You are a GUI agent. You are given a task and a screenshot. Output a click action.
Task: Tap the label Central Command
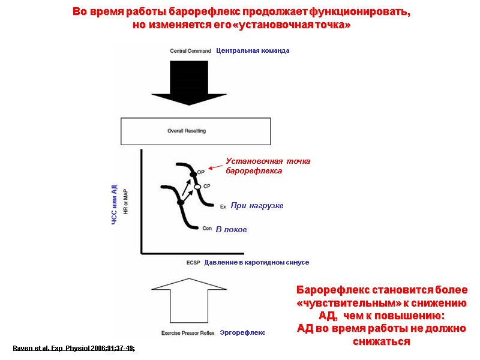click(x=191, y=51)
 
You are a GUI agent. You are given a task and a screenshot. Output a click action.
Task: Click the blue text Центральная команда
click(x=253, y=51)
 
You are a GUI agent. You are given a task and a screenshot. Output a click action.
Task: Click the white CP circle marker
click(x=197, y=187)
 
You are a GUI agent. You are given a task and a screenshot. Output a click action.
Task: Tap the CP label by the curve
click(x=206, y=186)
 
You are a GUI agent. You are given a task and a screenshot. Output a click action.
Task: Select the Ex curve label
click(x=223, y=206)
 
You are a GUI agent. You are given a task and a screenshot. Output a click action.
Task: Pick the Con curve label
click(x=207, y=229)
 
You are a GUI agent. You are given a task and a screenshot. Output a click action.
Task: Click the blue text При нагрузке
click(x=257, y=206)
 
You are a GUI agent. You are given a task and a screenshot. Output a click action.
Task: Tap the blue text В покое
click(x=231, y=230)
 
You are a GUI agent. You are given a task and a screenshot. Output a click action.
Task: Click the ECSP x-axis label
click(x=193, y=263)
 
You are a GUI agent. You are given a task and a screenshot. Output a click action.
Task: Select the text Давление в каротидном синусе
click(x=256, y=263)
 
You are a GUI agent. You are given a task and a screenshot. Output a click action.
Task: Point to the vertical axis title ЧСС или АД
click(x=114, y=205)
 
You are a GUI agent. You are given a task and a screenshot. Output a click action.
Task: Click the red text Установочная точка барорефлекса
click(x=268, y=166)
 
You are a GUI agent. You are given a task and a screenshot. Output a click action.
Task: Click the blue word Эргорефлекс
click(x=242, y=332)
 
